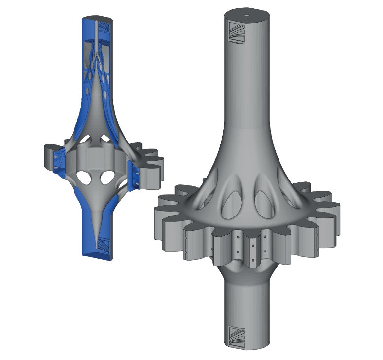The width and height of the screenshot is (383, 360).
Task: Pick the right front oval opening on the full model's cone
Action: [262, 203]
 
